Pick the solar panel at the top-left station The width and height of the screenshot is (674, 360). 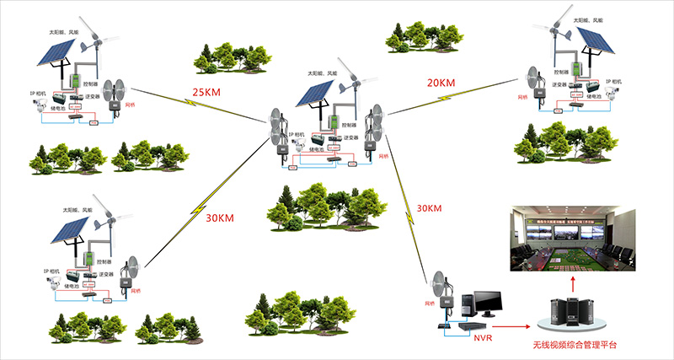click(x=58, y=53)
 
